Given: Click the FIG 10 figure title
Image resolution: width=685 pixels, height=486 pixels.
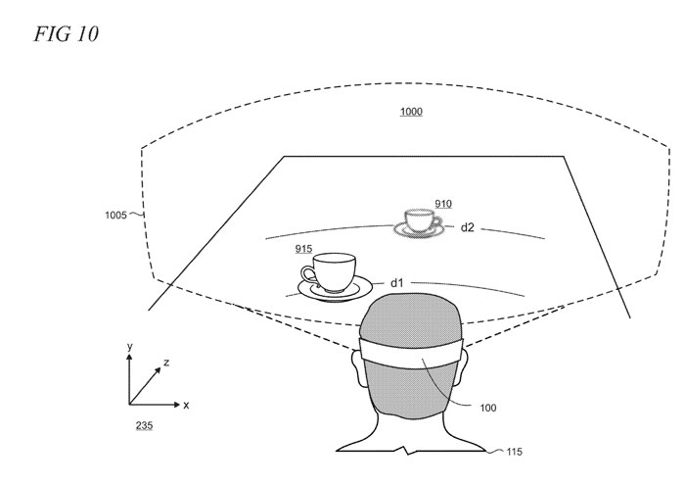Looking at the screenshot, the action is point(67,34).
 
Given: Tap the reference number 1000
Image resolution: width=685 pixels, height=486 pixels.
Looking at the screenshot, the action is point(411,112).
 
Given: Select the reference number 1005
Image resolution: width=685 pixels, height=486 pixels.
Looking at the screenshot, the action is point(115,215).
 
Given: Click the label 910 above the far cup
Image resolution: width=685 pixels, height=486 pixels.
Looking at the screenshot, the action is point(443,204).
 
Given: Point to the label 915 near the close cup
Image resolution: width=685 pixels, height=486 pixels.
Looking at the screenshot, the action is point(303,249).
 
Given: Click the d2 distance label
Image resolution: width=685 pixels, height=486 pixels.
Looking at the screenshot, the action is point(467,227).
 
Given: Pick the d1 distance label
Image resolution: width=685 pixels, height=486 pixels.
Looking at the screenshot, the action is point(396,283).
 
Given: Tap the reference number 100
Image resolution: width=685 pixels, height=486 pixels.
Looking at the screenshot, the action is point(488,408).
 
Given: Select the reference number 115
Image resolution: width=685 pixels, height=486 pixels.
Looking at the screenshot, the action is point(514,452).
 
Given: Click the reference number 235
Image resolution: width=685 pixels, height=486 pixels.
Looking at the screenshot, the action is point(144,425).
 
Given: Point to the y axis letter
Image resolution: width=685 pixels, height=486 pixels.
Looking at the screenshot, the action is point(129,347).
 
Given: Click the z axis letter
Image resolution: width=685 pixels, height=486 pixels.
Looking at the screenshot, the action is point(166,363).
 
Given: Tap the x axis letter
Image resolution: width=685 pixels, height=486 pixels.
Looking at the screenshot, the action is point(187,405).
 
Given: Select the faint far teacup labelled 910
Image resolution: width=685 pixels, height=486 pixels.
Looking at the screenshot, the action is point(419,223).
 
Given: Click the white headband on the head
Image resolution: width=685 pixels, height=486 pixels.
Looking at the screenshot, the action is point(411,352).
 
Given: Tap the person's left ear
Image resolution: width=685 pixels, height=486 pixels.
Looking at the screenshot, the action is point(358,368).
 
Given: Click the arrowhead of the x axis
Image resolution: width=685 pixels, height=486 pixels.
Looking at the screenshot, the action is point(176,405).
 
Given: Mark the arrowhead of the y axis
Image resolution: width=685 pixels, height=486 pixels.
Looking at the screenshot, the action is point(129,357).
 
